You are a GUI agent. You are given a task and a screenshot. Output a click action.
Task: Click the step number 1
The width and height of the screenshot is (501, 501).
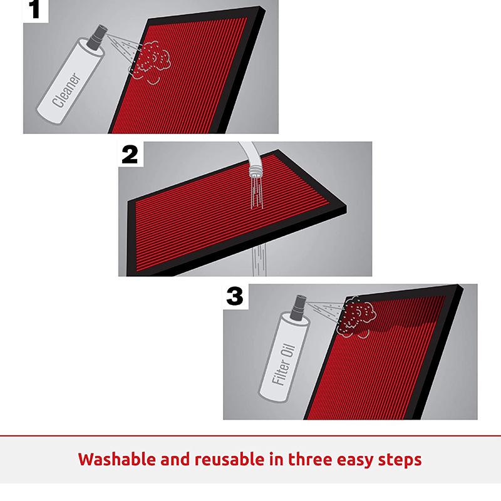point(34,9)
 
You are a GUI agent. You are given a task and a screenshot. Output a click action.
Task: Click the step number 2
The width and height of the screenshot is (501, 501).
point(130,155)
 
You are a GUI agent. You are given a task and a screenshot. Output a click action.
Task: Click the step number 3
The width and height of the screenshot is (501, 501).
point(235,296)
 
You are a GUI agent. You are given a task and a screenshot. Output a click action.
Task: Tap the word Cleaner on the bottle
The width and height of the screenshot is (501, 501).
point(66,90)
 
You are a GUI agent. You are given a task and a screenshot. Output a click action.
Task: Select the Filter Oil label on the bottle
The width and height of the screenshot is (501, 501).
point(283,364)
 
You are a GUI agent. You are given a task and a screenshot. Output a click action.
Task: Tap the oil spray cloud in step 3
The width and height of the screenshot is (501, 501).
point(356,316)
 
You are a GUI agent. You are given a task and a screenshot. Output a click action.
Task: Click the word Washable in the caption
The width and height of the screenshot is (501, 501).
point(118,460)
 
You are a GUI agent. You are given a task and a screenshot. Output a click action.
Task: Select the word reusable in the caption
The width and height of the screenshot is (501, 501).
point(229,460)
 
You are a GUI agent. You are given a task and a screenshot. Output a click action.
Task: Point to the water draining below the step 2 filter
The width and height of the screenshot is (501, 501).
point(259,261)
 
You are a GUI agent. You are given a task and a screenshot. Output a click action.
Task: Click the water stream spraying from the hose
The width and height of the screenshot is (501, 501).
point(257,194)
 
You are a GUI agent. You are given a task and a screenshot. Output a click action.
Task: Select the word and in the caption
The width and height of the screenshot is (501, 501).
point(176,460)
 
